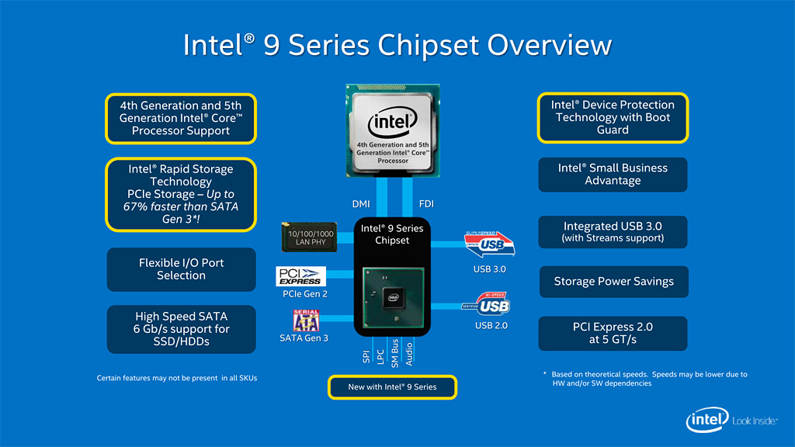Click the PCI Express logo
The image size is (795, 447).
[x=299, y=276]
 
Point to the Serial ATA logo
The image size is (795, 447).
[x=305, y=320]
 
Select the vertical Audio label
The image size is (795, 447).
[x=409, y=352]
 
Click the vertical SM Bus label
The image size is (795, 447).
[x=395, y=352]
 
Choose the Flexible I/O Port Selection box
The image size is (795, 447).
[x=182, y=269]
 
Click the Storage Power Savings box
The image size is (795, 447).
[x=613, y=282]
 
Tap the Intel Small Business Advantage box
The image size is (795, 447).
[x=613, y=175]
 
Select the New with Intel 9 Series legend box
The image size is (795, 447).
[x=392, y=386]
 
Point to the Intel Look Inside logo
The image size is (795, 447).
[x=731, y=421]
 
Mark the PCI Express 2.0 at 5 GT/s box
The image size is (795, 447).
[x=613, y=334]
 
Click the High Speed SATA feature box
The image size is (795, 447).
[x=182, y=328]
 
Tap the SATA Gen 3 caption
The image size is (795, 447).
[x=304, y=338]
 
